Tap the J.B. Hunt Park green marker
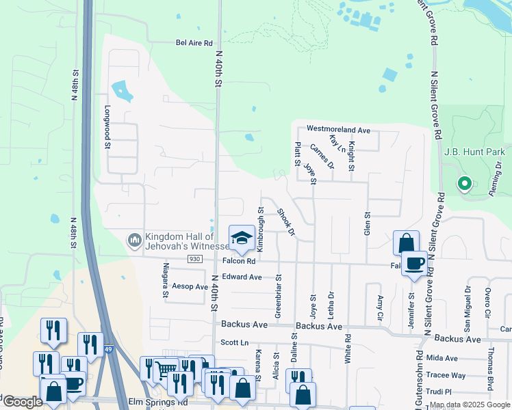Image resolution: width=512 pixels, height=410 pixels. pyautogui.click(x=464, y=183)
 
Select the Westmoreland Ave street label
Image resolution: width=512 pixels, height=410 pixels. pyautogui.click(x=338, y=129)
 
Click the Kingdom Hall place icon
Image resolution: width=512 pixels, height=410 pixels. pyautogui.click(x=134, y=241)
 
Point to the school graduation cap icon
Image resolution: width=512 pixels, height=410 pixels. pyautogui.click(x=241, y=238)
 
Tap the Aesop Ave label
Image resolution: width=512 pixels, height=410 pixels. pyautogui.click(x=190, y=287)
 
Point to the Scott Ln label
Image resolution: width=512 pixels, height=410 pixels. pyautogui.click(x=233, y=342)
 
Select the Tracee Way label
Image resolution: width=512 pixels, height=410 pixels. pyautogui.click(x=446, y=375)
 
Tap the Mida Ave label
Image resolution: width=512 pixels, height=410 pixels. pyautogui.click(x=441, y=358)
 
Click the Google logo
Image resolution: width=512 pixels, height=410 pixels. pyautogui.click(x=23, y=402)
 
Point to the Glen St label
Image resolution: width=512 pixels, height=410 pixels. pyautogui.click(x=367, y=224)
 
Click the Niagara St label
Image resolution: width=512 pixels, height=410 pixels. pyautogui.click(x=165, y=281)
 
